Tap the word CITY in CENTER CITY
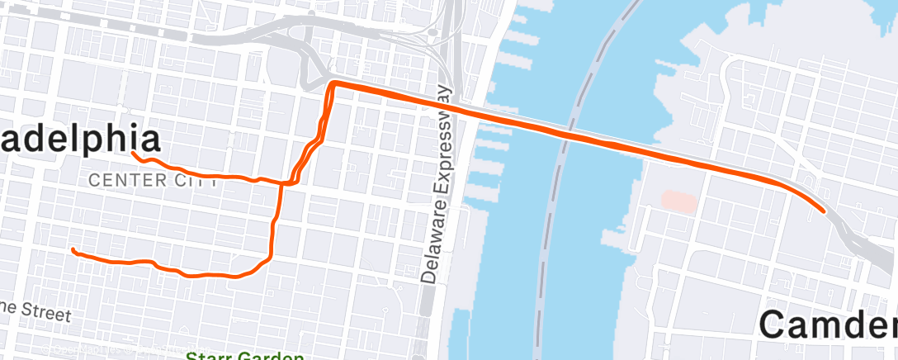coord(194,180)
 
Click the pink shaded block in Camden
coord(679,200)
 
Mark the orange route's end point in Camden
coord(823,210)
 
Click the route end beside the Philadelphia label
coord(134,153)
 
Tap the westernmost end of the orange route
coord(73,249)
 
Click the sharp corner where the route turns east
coord(332,84)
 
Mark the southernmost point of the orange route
coord(235,277)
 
